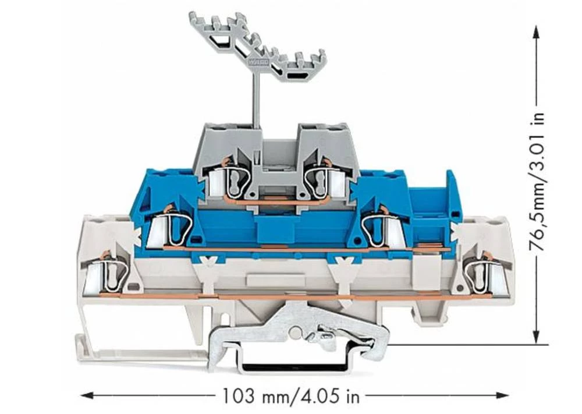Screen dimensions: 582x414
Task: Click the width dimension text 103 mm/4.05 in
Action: point(290,396)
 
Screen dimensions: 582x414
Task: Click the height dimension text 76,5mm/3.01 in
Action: point(537,182)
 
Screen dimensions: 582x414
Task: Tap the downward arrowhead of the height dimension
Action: point(535,337)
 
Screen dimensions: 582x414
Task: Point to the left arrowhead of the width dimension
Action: point(88,395)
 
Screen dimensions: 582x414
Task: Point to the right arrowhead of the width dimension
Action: point(502,395)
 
